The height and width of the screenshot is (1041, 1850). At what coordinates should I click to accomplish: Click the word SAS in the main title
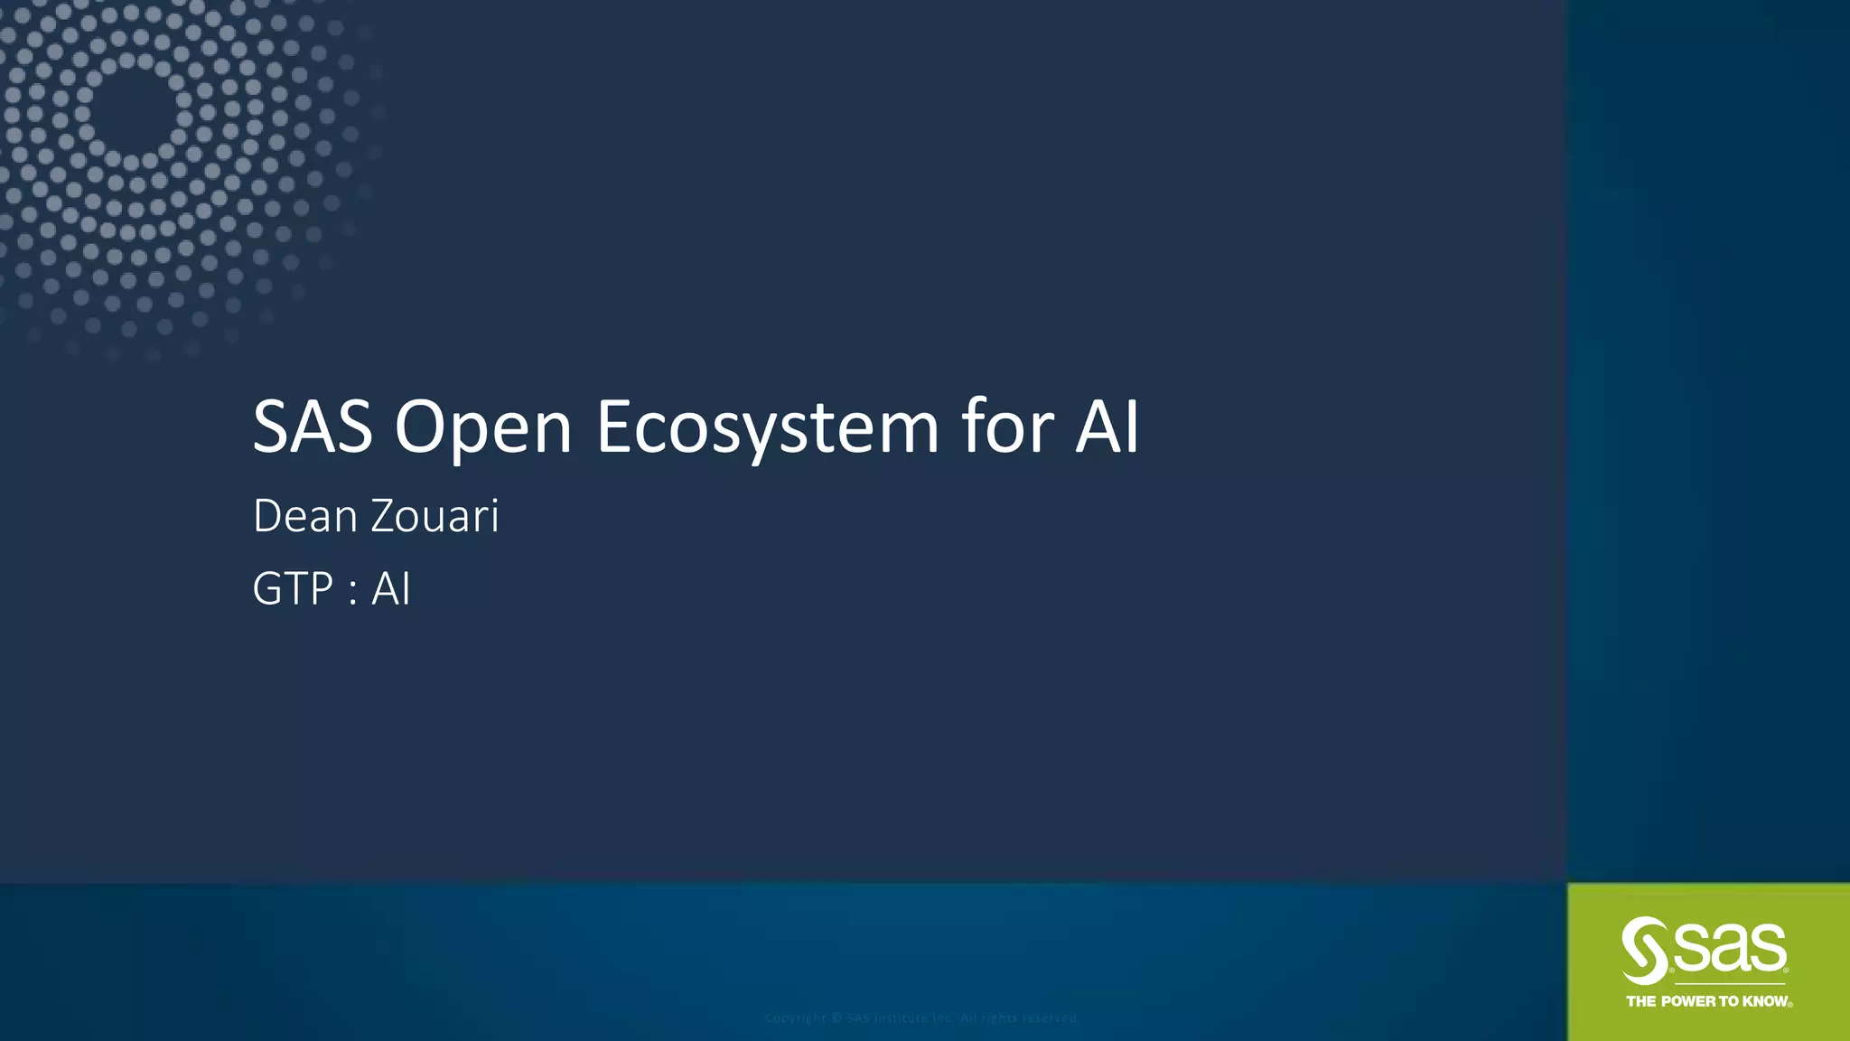313,427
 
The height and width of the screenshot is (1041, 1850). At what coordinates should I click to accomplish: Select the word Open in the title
483,428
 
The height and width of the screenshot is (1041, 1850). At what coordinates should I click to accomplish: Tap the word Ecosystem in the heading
767,428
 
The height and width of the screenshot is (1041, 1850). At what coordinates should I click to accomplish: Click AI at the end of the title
1107,427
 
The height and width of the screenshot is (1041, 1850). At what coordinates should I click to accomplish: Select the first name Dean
305,517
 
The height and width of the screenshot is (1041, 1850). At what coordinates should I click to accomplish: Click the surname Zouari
434,517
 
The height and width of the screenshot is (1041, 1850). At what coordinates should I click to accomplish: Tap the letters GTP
294,589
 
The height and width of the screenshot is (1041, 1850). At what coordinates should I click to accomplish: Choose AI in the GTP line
391,589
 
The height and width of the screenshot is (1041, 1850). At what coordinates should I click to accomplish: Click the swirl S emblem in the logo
1644,951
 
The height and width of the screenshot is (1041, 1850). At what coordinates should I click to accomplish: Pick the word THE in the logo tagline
1641,1001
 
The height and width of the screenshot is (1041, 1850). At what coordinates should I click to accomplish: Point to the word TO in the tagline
1729,1001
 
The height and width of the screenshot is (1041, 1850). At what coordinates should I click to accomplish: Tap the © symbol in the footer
837,1018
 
